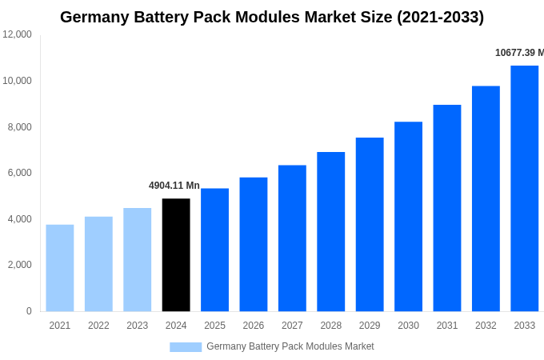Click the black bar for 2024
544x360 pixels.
176,254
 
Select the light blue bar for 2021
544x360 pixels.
60,267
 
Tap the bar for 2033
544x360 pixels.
524,188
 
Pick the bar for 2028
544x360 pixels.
330,231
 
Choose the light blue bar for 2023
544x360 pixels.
137,259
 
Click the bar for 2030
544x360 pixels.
408,216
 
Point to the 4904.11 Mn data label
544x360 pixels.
174,186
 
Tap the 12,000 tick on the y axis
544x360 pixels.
17,34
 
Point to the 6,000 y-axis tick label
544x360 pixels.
17,173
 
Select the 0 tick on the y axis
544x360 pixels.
29,311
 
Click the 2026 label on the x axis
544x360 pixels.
254,326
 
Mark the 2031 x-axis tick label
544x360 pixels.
447,326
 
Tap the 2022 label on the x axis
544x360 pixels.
98,326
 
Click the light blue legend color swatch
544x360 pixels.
185,346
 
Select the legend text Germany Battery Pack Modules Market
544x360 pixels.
290,346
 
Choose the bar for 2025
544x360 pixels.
214,250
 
